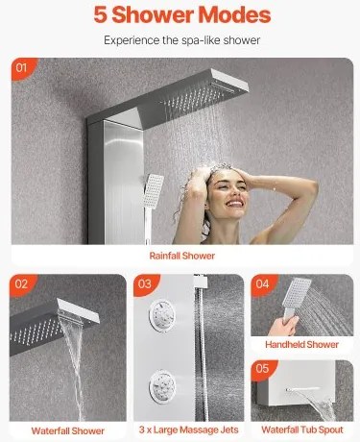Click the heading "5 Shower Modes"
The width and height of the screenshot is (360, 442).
182,14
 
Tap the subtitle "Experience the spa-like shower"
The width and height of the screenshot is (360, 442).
181,40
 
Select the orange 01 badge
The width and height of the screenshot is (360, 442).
22,68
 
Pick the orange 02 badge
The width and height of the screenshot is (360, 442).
22,284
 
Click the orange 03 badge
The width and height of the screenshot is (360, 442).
146,284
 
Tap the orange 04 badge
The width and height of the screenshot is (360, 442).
263,283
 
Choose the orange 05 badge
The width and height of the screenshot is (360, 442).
263,369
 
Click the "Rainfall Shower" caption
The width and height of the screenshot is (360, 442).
182,256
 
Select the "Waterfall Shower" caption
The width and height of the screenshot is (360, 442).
68,430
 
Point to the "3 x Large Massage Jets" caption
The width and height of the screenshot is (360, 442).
189,430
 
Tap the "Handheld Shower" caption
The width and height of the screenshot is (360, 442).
301,345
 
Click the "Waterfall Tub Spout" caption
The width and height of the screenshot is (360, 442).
302,430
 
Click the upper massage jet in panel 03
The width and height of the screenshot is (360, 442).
162,315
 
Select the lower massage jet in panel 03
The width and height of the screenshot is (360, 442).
162,385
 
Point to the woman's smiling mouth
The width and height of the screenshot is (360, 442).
234,204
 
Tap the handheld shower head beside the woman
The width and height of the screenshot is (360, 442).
153,191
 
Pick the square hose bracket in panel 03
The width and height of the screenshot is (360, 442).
201,282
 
